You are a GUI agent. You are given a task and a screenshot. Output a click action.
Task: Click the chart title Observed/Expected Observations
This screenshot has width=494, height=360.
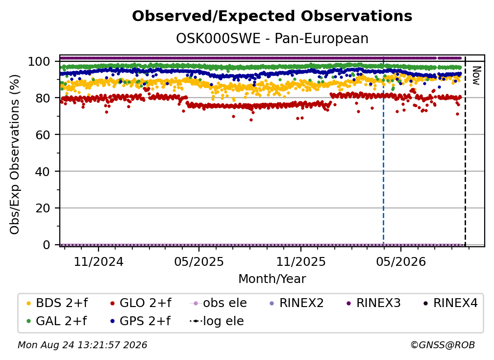pyautogui.click(x=272, y=16)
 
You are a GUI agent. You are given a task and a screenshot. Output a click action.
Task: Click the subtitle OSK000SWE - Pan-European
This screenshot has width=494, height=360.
pyautogui.click(x=272, y=39)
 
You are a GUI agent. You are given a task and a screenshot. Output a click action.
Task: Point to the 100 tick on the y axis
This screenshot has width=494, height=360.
pyautogui.click(x=39, y=61)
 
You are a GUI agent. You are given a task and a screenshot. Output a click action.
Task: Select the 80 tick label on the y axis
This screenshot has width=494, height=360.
pyautogui.click(x=43, y=98)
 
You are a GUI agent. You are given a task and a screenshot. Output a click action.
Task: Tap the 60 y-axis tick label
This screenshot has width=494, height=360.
pyautogui.click(x=43, y=134)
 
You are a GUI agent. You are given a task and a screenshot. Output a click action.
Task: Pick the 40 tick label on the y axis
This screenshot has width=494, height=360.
pyautogui.click(x=43, y=172)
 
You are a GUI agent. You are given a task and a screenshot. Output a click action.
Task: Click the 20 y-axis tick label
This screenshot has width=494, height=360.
pyautogui.click(x=43, y=208)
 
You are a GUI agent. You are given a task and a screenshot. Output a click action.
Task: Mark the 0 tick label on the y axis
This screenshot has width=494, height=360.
pyautogui.click(x=47, y=245)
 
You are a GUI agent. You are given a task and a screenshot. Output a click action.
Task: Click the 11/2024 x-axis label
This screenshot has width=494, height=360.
pyautogui.click(x=99, y=261)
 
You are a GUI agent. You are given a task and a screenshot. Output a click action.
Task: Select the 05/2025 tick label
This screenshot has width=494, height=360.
pyautogui.click(x=199, y=261)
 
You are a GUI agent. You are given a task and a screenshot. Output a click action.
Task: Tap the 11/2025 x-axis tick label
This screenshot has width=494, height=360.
pyautogui.click(x=301, y=261)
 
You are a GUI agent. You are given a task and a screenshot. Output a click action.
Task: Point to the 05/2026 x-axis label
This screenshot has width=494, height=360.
pyautogui.click(x=401, y=261)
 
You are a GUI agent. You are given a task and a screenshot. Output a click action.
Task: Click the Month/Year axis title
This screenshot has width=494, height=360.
pyautogui.click(x=272, y=279)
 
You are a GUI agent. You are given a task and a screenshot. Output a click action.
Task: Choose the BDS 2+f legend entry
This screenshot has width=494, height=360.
pyautogui.click(x=57, y=303)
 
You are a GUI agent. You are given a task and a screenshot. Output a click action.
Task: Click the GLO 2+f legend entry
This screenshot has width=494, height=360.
pyautogui.click(x=141, y=303)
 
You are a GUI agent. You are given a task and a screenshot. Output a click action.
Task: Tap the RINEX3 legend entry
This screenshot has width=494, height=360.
pyautogui.click(x=373, y=303)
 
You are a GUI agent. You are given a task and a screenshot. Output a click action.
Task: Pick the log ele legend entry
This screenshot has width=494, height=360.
pyautogui.click(x=217, y=321)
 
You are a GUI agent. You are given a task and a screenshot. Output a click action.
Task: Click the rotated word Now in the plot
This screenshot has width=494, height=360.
pyautogui.click(x=476, y=76)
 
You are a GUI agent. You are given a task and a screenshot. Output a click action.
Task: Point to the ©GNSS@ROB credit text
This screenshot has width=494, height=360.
pyautogui.click(x=443, y=345)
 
